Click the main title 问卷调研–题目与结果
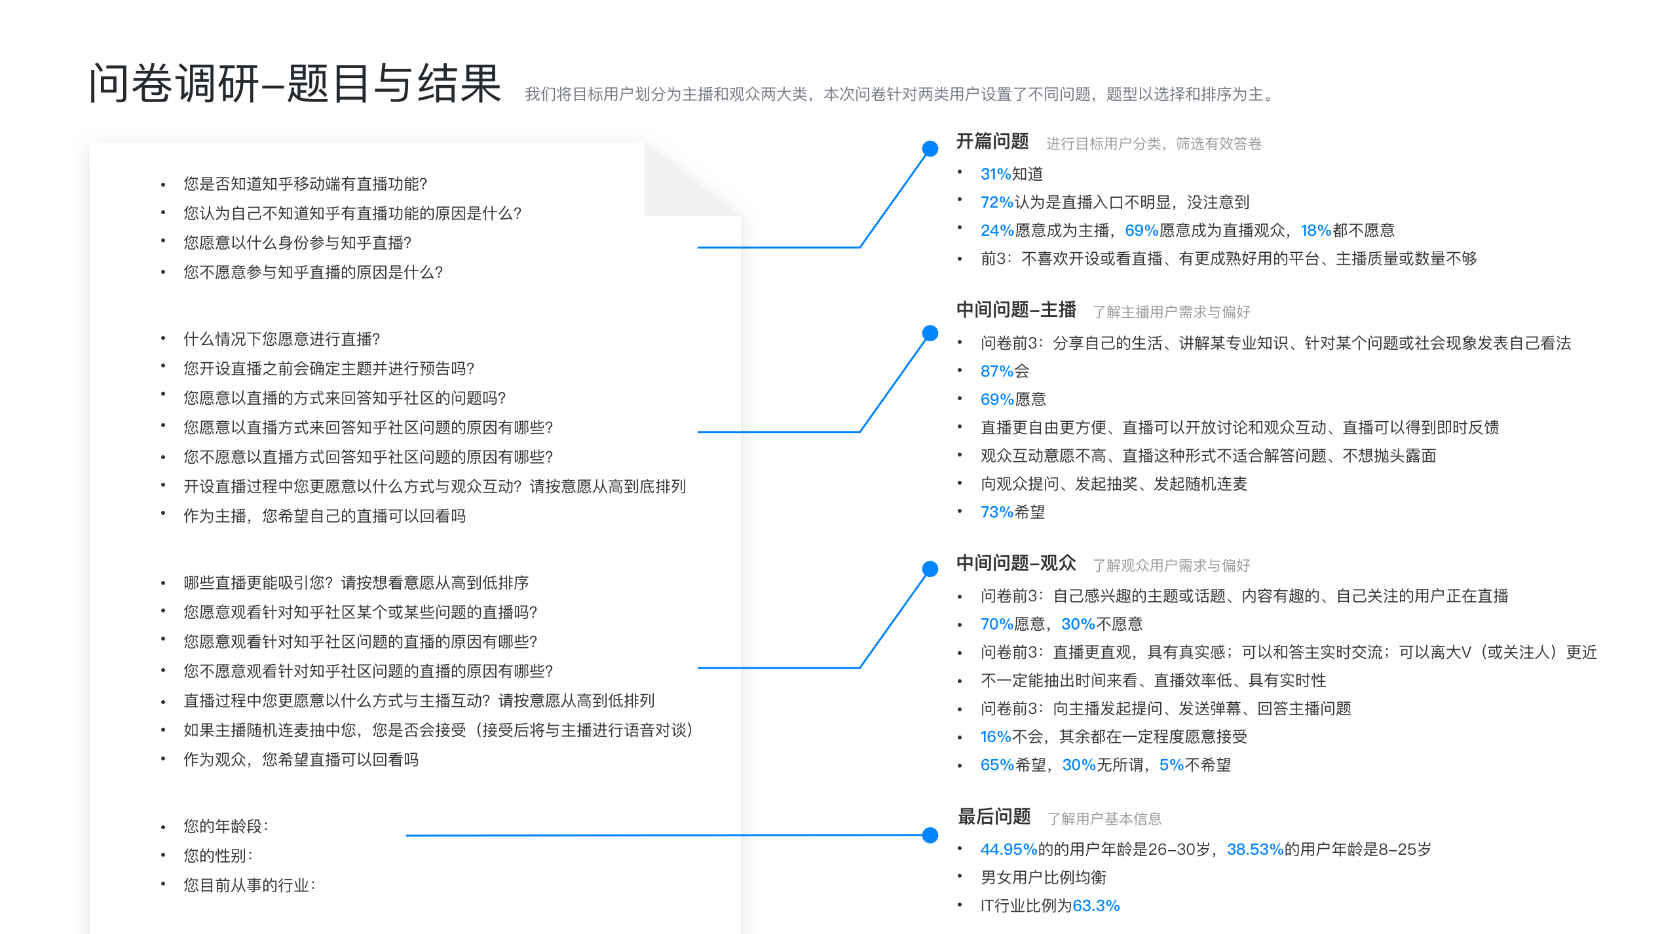(295, 83)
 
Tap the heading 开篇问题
(992, 141)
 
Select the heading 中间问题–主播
(1016, 310)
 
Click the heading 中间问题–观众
(1016, 563)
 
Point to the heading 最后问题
(994, 817)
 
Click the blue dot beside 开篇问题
(930, 149)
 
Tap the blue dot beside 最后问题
(930, 835)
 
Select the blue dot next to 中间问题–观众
(930, 569)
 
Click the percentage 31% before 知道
(996, 174)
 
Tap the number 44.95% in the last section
(1009, 850)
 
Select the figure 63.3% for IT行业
(1096, 906)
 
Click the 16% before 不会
(996, 737)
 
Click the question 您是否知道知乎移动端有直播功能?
(305, 184)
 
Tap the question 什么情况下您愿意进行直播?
(282, 339)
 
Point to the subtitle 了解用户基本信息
(1104, 819)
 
